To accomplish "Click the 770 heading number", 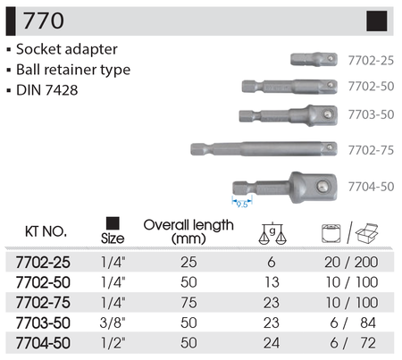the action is point(44,21).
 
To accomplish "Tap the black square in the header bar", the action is point(377,21).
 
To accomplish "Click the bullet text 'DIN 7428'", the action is point(47,90).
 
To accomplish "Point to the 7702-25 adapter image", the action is point(314,59).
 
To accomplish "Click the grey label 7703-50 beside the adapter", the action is point(371,114).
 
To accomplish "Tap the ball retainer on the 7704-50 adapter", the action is point(322,186).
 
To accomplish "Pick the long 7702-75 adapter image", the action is point(264,148).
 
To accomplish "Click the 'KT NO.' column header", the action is point(46,231).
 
